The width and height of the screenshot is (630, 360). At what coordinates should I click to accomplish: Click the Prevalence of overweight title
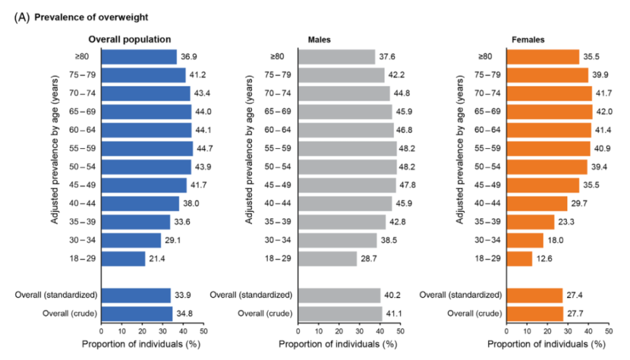[x=91, y=17]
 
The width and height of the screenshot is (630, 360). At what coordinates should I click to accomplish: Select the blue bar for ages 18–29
[x=123, y=258]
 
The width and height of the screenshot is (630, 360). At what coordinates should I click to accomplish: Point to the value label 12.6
[x=544, y=258]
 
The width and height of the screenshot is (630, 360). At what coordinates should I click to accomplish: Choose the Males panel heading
[x=320, y=39]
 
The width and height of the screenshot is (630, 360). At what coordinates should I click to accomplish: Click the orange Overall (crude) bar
[x=534, y=313]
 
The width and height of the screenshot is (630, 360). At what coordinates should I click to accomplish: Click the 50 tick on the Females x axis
[x=608, y=330]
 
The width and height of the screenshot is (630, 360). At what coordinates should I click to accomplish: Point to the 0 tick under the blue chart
[x=101, y=330]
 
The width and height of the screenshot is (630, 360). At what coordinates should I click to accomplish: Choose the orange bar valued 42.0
[x=549, y=112]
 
